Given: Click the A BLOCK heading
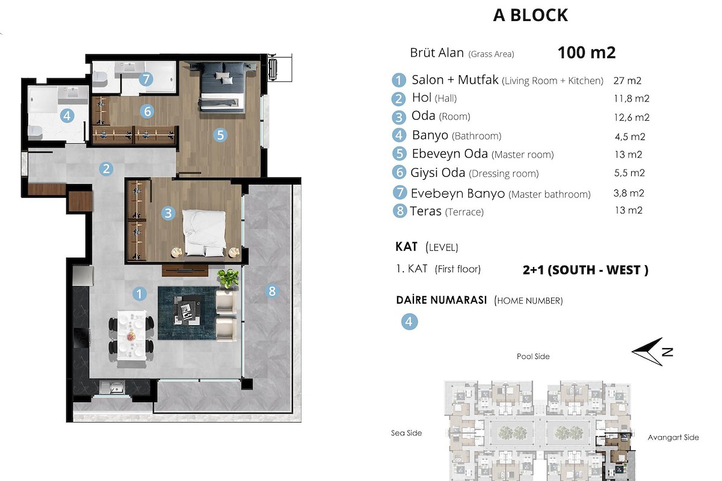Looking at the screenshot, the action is tap(531, 15).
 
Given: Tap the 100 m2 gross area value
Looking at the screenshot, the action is tap(586, 52).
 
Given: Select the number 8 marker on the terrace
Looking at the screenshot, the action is tap(272, 291).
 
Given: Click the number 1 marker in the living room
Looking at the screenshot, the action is tap(139, 294).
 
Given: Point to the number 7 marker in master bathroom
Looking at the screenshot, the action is tap(146, 79).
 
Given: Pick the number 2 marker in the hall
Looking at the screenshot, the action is tap(106, 169).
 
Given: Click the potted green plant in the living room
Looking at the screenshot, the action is tap(228, 278).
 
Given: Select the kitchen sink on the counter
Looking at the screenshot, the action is tap(112, 388).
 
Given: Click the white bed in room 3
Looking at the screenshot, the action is tap(204, 233).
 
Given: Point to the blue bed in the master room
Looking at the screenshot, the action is tap(222, 87).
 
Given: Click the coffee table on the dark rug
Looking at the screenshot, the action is tap(187, 310).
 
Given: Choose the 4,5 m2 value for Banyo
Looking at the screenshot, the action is tap(630, 136).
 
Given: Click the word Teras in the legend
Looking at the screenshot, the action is tap(425, 212).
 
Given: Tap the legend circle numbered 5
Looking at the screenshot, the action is tap(400, 154).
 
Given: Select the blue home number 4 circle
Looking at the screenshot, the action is tap(409, 322).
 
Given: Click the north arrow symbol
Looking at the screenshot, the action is tap(652, 352).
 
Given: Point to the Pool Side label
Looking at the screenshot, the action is tap(533, 357).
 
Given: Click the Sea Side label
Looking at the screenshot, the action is tap(407, 433).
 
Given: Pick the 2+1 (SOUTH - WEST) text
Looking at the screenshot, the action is tap(585, 270).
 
